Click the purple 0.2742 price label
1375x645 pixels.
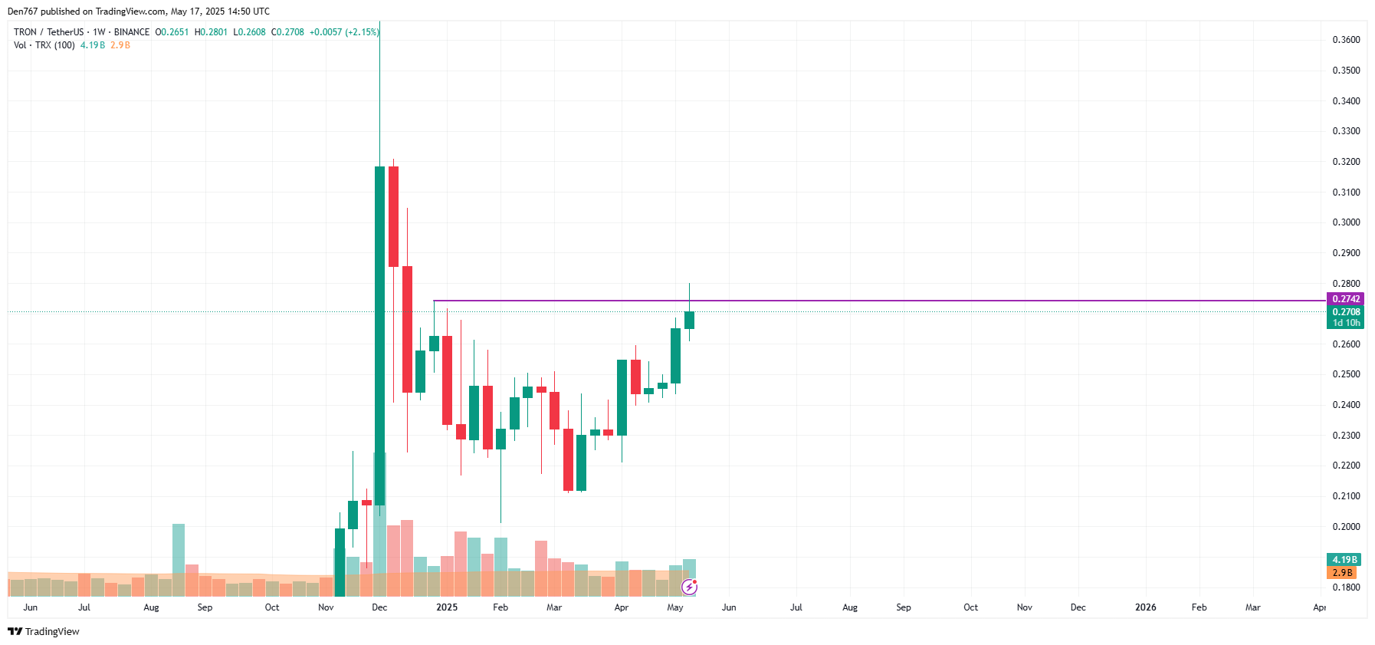1345,299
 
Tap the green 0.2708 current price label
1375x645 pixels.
1345,312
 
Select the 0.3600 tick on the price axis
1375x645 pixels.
1346,40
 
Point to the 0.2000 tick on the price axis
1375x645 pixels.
1346,527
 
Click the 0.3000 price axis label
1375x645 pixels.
1346,222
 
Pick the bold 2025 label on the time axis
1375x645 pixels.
447,607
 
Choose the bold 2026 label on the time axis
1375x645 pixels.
1145,607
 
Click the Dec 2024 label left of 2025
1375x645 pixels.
379,607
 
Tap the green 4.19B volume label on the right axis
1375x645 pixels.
1344,560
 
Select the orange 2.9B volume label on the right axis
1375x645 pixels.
1342,573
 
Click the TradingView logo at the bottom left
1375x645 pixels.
44,631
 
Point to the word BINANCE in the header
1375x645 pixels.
132,32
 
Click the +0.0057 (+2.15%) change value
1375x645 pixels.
344,32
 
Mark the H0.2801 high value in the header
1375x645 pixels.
211,32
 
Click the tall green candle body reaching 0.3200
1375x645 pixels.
379,330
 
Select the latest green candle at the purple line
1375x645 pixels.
689,320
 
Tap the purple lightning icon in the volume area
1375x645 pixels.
690,587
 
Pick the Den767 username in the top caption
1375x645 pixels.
22,12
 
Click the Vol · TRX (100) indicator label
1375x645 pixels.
44,45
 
